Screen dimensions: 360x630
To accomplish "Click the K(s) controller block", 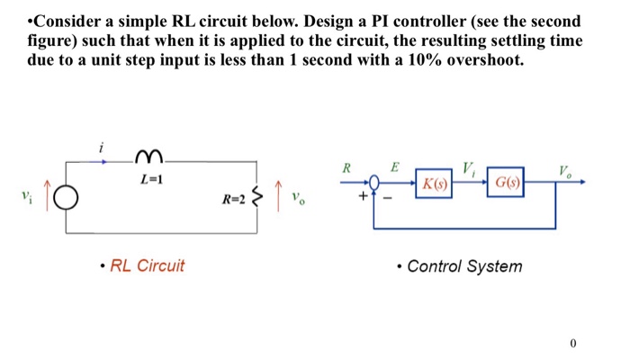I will click(436, 185).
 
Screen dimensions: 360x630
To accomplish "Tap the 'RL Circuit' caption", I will click(147, 265).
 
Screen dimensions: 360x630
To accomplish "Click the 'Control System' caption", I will click(463, 266).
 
